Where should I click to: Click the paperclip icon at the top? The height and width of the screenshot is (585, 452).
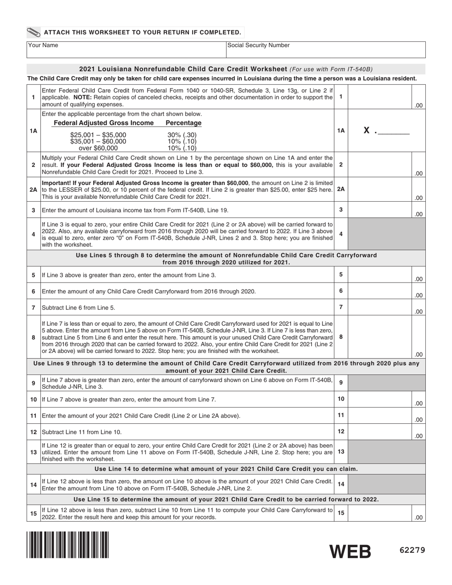tap(34, 32)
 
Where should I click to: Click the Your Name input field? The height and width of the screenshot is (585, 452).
tap(126, 49)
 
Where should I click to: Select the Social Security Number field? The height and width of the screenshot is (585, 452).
tap(325, 49)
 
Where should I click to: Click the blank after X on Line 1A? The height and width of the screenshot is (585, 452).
tap(393, 131)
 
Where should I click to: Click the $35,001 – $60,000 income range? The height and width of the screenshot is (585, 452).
tap(98, 141)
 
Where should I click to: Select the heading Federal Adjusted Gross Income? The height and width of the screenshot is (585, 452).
tap(104, 123)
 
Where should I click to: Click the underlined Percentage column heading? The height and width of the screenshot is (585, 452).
tap(183, 123)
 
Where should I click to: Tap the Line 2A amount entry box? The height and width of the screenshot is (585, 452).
tap(380, 190)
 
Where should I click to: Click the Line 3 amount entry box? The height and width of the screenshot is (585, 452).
tap(380, 210)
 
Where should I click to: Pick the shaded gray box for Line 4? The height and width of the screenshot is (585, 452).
tap(386, 234)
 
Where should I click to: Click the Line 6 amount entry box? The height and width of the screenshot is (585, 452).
tap(380, 291)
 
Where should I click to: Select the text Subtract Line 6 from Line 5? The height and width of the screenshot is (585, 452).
tap(79, 308)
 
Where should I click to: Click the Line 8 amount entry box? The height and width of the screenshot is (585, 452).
tap(380, 337)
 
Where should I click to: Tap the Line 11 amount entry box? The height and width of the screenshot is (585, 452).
tap(380, 416)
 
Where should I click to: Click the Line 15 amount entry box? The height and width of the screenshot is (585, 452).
tap(380, 513)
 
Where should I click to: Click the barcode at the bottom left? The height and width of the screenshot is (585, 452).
tap(68, 545)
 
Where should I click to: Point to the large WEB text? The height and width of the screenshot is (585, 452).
tap(351, 551)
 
